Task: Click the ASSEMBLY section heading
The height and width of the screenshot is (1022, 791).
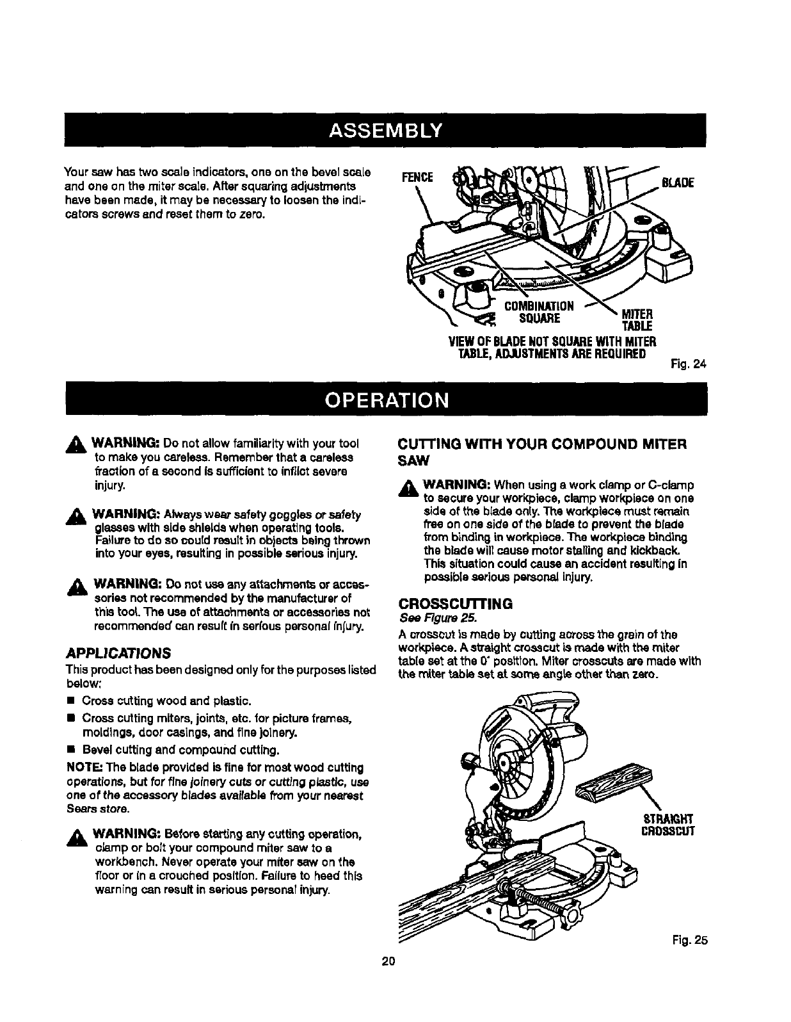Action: (x=395, y=131)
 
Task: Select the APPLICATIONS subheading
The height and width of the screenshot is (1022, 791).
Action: (x=118, y=654)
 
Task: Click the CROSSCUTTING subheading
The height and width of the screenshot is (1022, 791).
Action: (x=455, y=604)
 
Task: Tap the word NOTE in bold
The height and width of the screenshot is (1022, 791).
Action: (x=81, y=767)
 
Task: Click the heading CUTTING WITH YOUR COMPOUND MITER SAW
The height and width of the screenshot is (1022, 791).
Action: (x=541, y=451)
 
